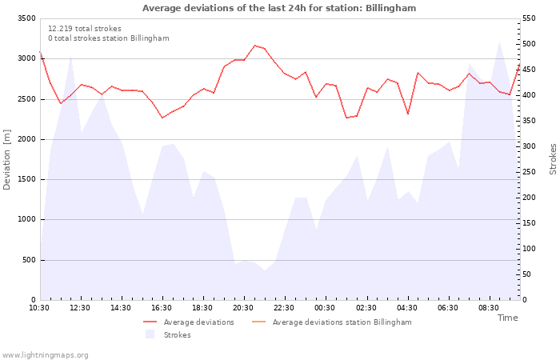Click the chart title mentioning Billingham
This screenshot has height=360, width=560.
(x=279, y=8)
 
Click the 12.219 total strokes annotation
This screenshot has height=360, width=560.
(x=85, y=29)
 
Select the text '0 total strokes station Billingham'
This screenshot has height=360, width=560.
(x=109, y=38)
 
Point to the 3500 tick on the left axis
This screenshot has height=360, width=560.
(x=26, y=18)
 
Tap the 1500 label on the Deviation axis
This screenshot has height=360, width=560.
(x=26, y=179)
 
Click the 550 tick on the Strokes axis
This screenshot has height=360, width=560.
(x=529, y=18)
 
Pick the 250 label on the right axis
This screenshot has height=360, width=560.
(x=529, y=172)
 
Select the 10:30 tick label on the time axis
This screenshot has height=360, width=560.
(x=39, y=308)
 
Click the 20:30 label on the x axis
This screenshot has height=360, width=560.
(x=243, y=308)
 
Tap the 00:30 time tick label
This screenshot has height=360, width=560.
(x=325, y=308)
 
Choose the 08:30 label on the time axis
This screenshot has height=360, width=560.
(x=489, y=308)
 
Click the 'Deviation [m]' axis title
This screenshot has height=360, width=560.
(x=6, y=160)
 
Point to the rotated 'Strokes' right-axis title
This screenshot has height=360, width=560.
(x=553, y=159)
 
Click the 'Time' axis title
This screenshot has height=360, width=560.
(x=507, y=318)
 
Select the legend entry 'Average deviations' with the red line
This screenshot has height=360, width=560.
(x=189, y=322)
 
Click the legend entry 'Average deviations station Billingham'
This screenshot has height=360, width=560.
(x=331, y=322)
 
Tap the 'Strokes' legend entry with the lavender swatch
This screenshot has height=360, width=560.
(x=168, y=334)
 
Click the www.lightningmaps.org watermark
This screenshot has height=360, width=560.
(x=45, y=355)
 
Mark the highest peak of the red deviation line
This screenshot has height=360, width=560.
(x=254, y=46)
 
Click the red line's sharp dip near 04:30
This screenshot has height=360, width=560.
(x=408, y=114)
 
